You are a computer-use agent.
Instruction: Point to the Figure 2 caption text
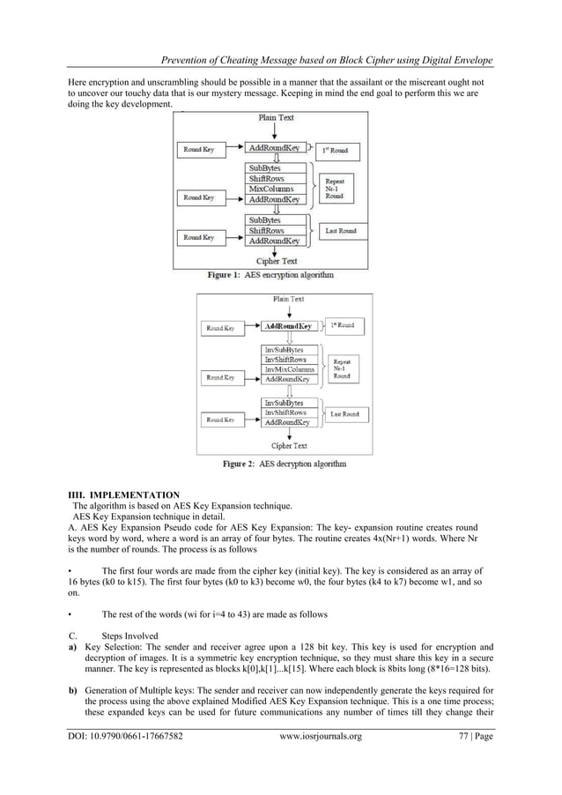(284, 464)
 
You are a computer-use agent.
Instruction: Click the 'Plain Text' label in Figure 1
(277, 117)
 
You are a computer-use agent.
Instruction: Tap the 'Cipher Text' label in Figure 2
(288, 446)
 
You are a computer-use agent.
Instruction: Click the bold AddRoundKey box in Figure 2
(288, 326)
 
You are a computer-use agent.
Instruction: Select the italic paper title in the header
(322, 60)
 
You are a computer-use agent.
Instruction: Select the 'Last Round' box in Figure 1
(340, 231)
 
